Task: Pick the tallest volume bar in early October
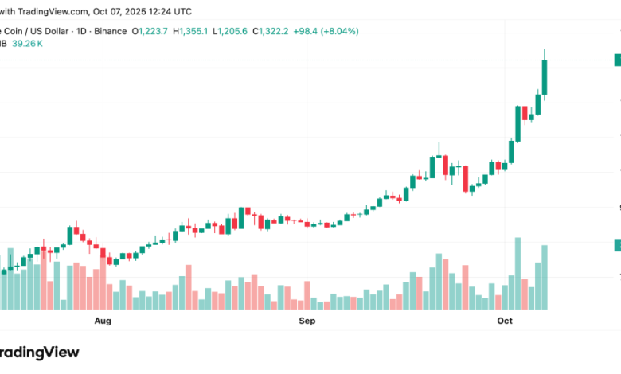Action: point(518,273)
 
